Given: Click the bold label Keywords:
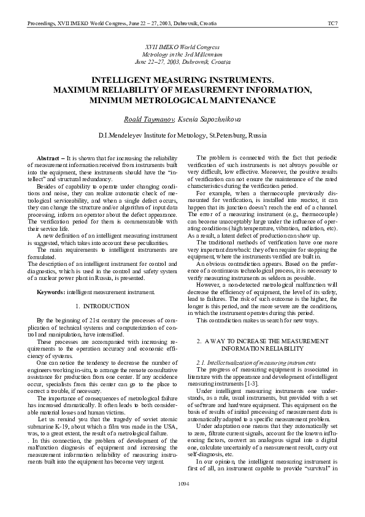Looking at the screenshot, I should tap(51, 292).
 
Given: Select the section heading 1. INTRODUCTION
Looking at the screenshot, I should tap(102, 305).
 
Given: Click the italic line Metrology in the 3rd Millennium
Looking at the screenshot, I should tap(182, 54).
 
